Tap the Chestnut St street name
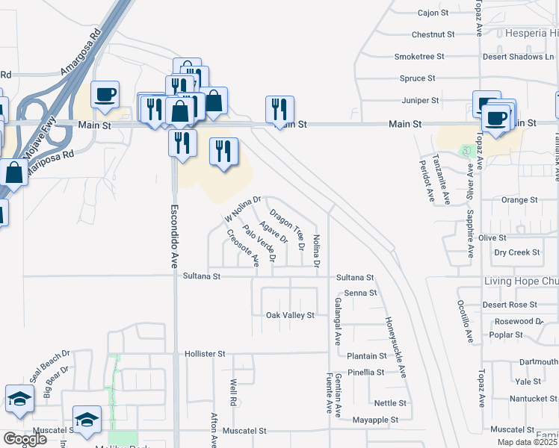point(433,34)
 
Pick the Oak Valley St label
point(290,316)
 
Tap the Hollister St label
point(205,353)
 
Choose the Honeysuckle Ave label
point(396,347)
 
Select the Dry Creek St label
point(517,252)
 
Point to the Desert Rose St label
point(510,305)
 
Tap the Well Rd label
point(233,393)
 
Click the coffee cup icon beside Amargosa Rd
point(105,95)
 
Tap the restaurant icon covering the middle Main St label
point(279,109)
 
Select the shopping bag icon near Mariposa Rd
point(14,172)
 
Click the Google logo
point(25,439)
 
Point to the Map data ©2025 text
point(527,442)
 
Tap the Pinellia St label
point(365,372)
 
